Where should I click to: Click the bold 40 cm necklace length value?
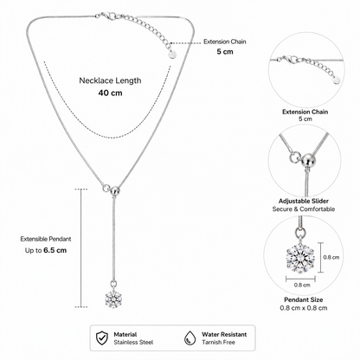pyautogui.click(x=110, y=93)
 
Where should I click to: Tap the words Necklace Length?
pyautogui.click(x=110, y=80)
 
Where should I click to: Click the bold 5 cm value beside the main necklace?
pyautogui.click(x=225, y=52)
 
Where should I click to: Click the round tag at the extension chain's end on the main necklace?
pyautogui.click(x=172, y=55)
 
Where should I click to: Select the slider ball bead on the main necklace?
pyautogui.click(x=115, y=190)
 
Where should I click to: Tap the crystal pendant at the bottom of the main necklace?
pyautogui.click(x=112, y=299)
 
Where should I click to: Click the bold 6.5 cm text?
pyautogui.click(x=55, y=250)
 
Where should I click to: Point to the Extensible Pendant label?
pyautogui.click(x=46, y=239)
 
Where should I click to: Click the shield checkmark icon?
pyautogui.click(x=102, y=337)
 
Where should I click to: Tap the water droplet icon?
pyautogui.click(x=190, y=337)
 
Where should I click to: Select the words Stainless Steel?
pyautogui.click(x=133, y=343)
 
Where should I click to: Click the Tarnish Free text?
pyautogui.click(x=218, y=343)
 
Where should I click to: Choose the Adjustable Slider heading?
pyautogui.click(x=304, y=201)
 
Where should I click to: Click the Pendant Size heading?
pyautogui.click(x=304, y=299)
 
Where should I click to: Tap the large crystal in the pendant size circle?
pyautogui.click(x=299, y=259)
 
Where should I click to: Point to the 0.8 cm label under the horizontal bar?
pyautogui.click(x=302, y=285)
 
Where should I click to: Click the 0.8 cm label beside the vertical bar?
pyautogui.click(x=331, y=257)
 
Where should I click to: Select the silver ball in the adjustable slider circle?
pyautogui.click(x=307, y=160)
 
